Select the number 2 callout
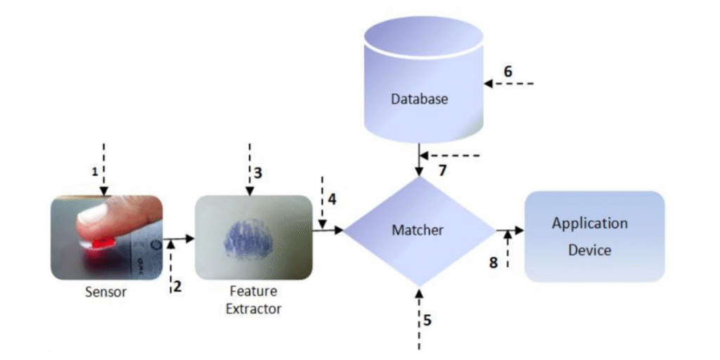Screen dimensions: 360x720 click(177, 285)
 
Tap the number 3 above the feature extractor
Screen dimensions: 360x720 click(258, 172)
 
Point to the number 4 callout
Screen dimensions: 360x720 click(332, 198)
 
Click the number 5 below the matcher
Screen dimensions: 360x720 click(427, 320)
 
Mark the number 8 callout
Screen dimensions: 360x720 click(493, 262)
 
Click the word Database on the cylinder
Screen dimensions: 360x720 click(419, 99)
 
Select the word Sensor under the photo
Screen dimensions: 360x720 click(106, 292)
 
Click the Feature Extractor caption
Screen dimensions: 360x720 click(253, 299)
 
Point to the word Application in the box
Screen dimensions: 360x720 click(589, 224)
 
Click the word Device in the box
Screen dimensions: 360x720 click(589, 250)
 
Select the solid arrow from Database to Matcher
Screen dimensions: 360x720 click(419, 161)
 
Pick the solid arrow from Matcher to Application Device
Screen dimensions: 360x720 click(509, 230)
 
